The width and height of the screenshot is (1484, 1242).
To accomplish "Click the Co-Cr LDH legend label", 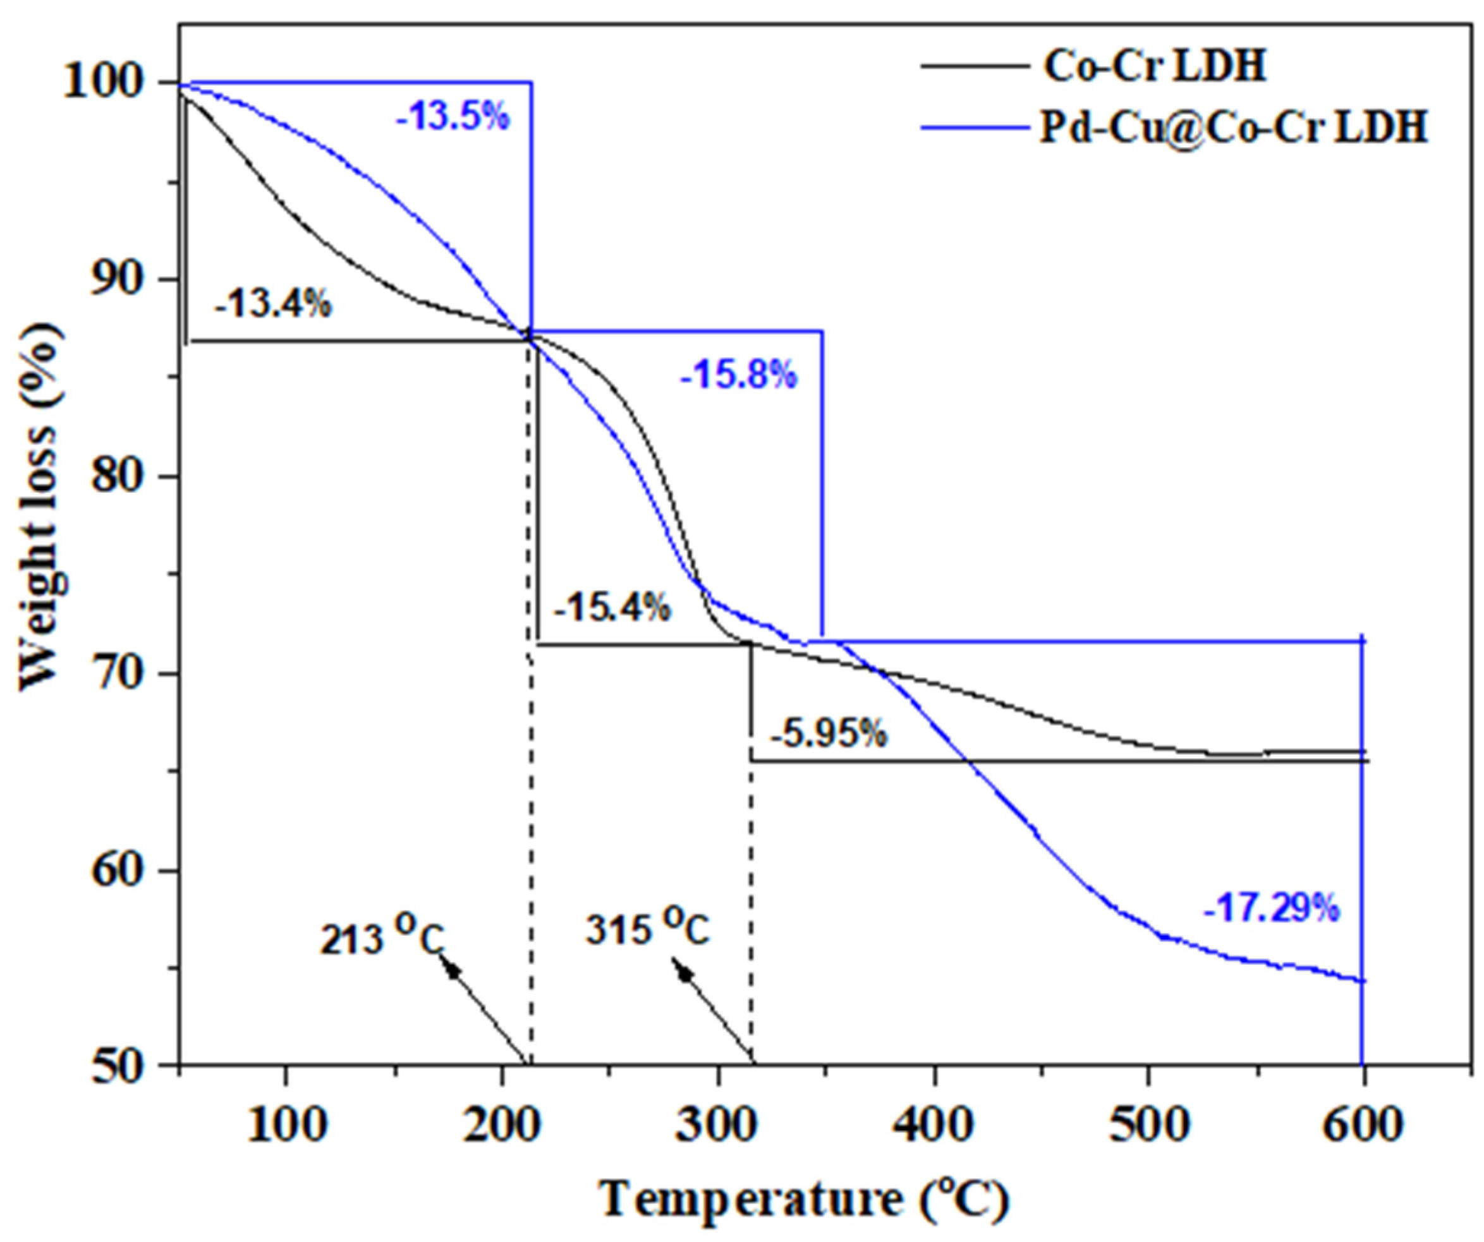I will [x=1155, y=68].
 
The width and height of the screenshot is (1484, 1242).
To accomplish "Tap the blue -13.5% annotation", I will [x=453, y=117].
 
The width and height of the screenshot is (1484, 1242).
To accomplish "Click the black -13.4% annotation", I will [x=274, y=304].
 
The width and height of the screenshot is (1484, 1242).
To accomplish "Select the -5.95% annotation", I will [x=828, y=735].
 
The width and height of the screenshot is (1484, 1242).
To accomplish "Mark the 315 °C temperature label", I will [x=647, y=931].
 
